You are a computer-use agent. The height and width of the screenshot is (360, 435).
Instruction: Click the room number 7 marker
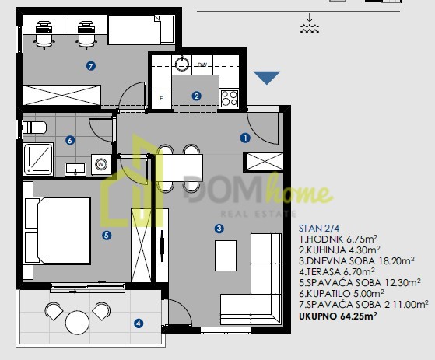coord(91,66)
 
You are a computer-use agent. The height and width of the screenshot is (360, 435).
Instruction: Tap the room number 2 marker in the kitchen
coord(196,96)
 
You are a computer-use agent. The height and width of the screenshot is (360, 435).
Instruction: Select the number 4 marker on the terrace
coord(139,323)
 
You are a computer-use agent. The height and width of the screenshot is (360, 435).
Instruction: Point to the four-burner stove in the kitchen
coord(230,99)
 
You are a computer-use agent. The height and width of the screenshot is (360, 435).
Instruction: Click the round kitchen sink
coord(182,64)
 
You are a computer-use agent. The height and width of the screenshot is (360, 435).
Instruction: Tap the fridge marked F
coord(161,99)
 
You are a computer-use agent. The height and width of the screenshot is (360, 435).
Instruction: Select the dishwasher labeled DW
coord(202,65)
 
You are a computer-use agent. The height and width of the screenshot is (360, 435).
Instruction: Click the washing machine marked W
coord(101,164)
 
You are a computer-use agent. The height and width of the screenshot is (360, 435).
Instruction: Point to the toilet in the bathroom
coord(34,128)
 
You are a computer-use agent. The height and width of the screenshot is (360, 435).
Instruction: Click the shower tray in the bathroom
coord(38,159)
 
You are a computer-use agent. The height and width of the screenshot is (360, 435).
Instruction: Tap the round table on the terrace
coord(77,323)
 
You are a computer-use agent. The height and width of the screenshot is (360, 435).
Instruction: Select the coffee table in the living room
coord(226,256)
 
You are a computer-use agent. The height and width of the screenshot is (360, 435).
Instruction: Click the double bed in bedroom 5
coord(58,231)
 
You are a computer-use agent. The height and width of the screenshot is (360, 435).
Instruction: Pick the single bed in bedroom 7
coord(141,30)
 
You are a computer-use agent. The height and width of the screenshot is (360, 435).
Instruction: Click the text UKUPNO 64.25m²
coord(338,316)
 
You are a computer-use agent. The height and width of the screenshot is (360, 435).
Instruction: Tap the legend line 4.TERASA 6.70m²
coord(337,271)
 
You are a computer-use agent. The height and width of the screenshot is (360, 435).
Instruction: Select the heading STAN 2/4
coord(319,229)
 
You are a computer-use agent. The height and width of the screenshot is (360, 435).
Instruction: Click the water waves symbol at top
coord(309,23)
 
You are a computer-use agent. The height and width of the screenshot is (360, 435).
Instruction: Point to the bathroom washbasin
coord(75,169)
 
